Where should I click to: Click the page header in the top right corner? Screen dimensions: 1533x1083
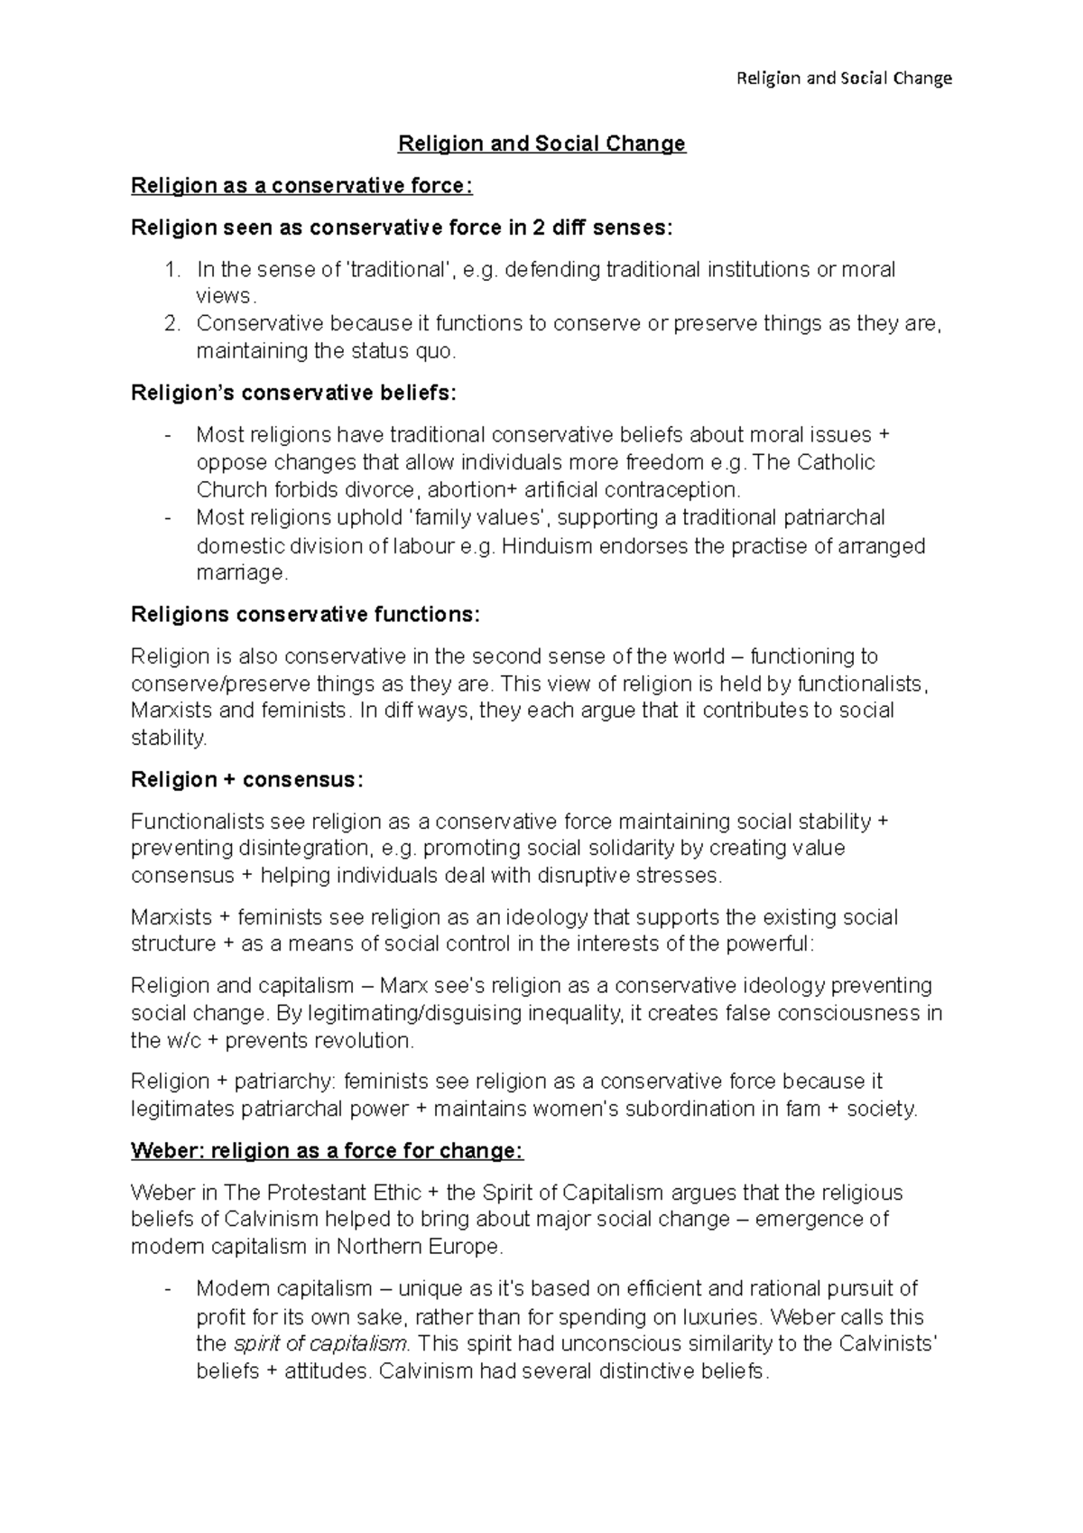click(844, 78)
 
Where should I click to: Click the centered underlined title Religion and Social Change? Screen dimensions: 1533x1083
click(542, 144)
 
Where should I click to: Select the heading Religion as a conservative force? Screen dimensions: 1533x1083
click(301, 186)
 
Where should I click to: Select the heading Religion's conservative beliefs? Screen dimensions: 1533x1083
click(294, 393)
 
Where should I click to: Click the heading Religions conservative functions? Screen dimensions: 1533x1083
click(306, 615)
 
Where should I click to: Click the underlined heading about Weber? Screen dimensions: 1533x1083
click(327, 1151)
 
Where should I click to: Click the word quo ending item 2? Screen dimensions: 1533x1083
click(436, 351)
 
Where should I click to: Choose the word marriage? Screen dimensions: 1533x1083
click(242, 573)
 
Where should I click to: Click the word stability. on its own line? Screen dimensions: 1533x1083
click(169, 738)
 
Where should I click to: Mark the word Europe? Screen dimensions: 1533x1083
click(467, 1247)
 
